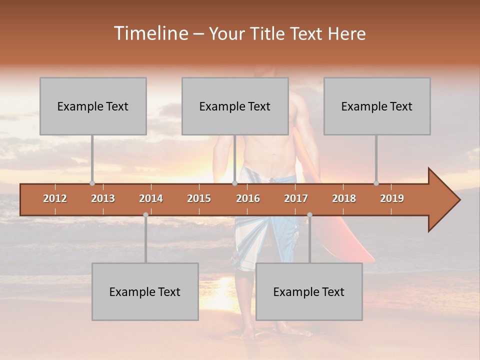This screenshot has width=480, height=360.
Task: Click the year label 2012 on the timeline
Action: pos(55,198)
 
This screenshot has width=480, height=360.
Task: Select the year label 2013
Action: pos(103,198)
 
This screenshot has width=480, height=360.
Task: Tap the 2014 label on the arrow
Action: pos(151,198)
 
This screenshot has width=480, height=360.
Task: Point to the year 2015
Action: pos(199,198)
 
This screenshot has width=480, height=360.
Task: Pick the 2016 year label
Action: pos(248,198)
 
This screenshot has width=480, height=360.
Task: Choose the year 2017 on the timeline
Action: pos(296,198)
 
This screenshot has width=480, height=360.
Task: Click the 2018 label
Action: pos(344,198)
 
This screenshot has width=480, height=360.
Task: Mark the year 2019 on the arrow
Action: pos(392,198)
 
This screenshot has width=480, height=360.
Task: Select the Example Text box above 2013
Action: pos(93,106)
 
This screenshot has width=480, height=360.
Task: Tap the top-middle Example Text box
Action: pos(235,106)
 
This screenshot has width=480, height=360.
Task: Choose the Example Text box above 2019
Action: pos(377,106)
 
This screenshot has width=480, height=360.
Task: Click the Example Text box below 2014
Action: pos(145,291)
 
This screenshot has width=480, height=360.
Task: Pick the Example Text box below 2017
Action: pos(309,291)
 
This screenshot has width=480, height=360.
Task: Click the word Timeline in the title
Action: pos(150,33)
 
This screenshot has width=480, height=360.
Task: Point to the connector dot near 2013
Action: pos(92,183)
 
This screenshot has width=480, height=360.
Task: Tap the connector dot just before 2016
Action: pos(234,183)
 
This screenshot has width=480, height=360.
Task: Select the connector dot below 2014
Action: pos(145,215)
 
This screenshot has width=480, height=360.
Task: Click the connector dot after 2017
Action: pos(309,215)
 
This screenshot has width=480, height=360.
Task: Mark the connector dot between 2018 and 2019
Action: pos(376,183)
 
